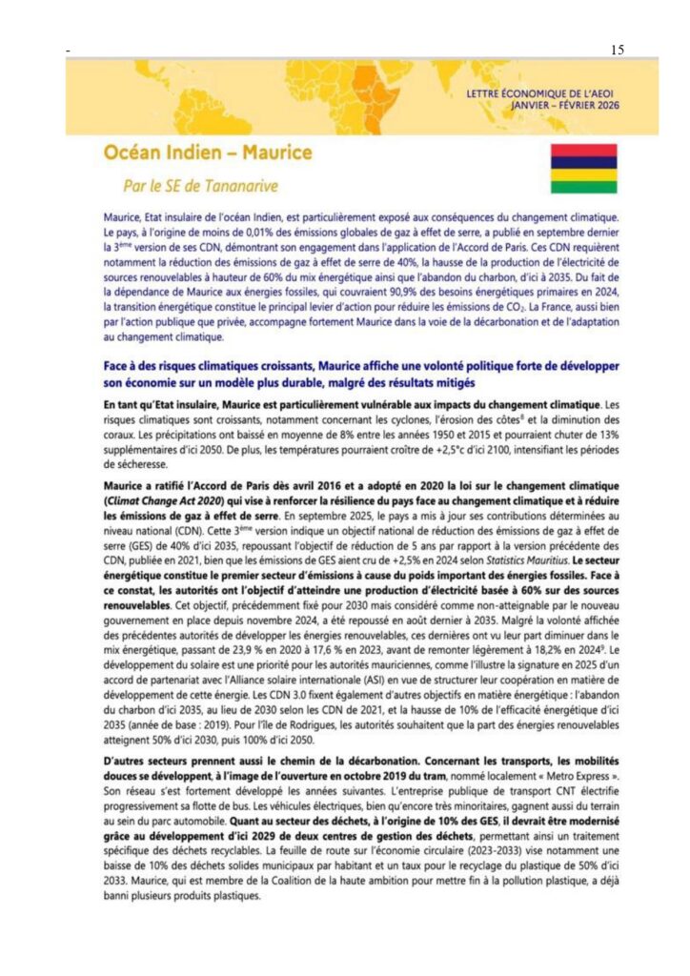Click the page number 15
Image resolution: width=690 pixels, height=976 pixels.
[x=618, y=51]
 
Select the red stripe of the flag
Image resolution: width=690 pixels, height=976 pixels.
[x=585, y=151]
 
